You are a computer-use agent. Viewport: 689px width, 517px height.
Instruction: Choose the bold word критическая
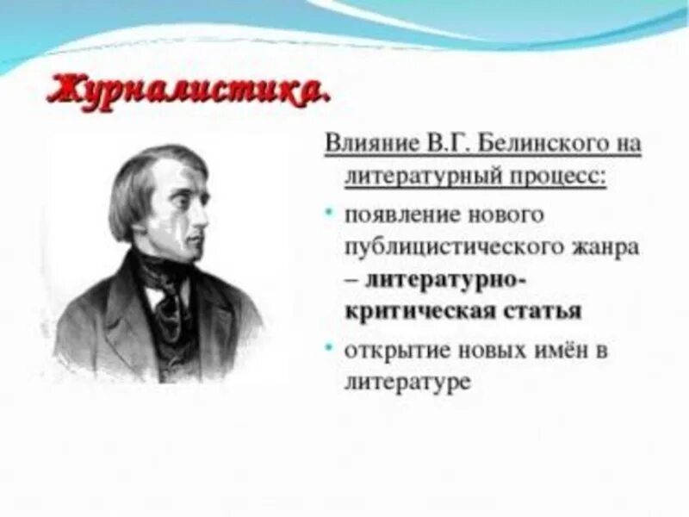(419, 311)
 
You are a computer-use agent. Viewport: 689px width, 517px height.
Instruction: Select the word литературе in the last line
(407, 382)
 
